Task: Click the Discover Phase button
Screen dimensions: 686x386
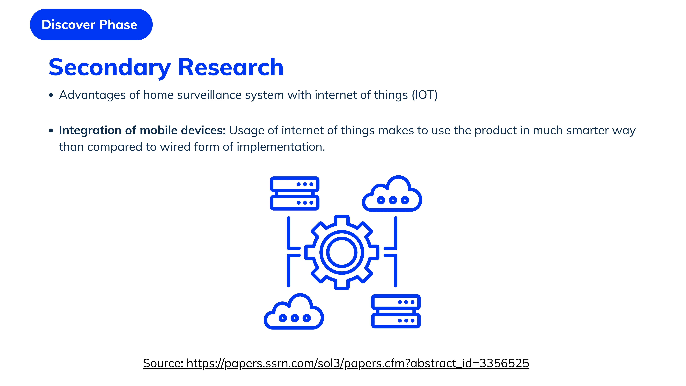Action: [91, 24]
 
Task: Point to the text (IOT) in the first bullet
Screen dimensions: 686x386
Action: [425, 95]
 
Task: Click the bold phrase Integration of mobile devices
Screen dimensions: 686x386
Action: [142, 130]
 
